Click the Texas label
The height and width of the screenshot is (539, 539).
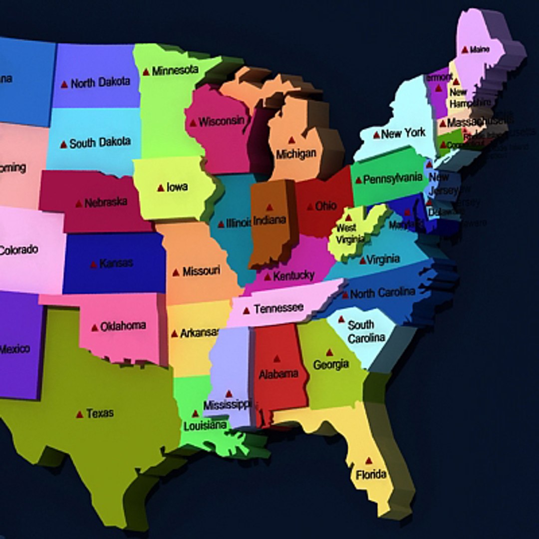coord(100,413)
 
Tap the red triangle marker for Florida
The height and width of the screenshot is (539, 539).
coord(368,461)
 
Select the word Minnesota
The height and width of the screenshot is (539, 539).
coord(175,70)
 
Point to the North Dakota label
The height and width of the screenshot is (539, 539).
coord(100,82)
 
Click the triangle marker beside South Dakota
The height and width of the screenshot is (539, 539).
coord(63,145)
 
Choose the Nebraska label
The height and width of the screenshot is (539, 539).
coord(105,202)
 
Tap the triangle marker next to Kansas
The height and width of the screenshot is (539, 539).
coord(93,265)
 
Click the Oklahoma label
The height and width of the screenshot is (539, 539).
coord(123,326)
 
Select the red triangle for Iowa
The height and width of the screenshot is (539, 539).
coord(161,188)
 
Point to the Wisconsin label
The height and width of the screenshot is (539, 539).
coord(222,121)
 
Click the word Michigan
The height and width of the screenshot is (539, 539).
coord(296,153)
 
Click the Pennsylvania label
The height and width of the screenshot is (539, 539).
coord(392,179)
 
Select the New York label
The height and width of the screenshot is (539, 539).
coord(403,133)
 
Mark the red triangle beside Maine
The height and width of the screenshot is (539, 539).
coord(465,50)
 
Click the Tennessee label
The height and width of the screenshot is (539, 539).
coord(278,308)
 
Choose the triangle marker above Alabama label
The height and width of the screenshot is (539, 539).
coord(276,358)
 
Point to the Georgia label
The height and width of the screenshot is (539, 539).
coord(330,365)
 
